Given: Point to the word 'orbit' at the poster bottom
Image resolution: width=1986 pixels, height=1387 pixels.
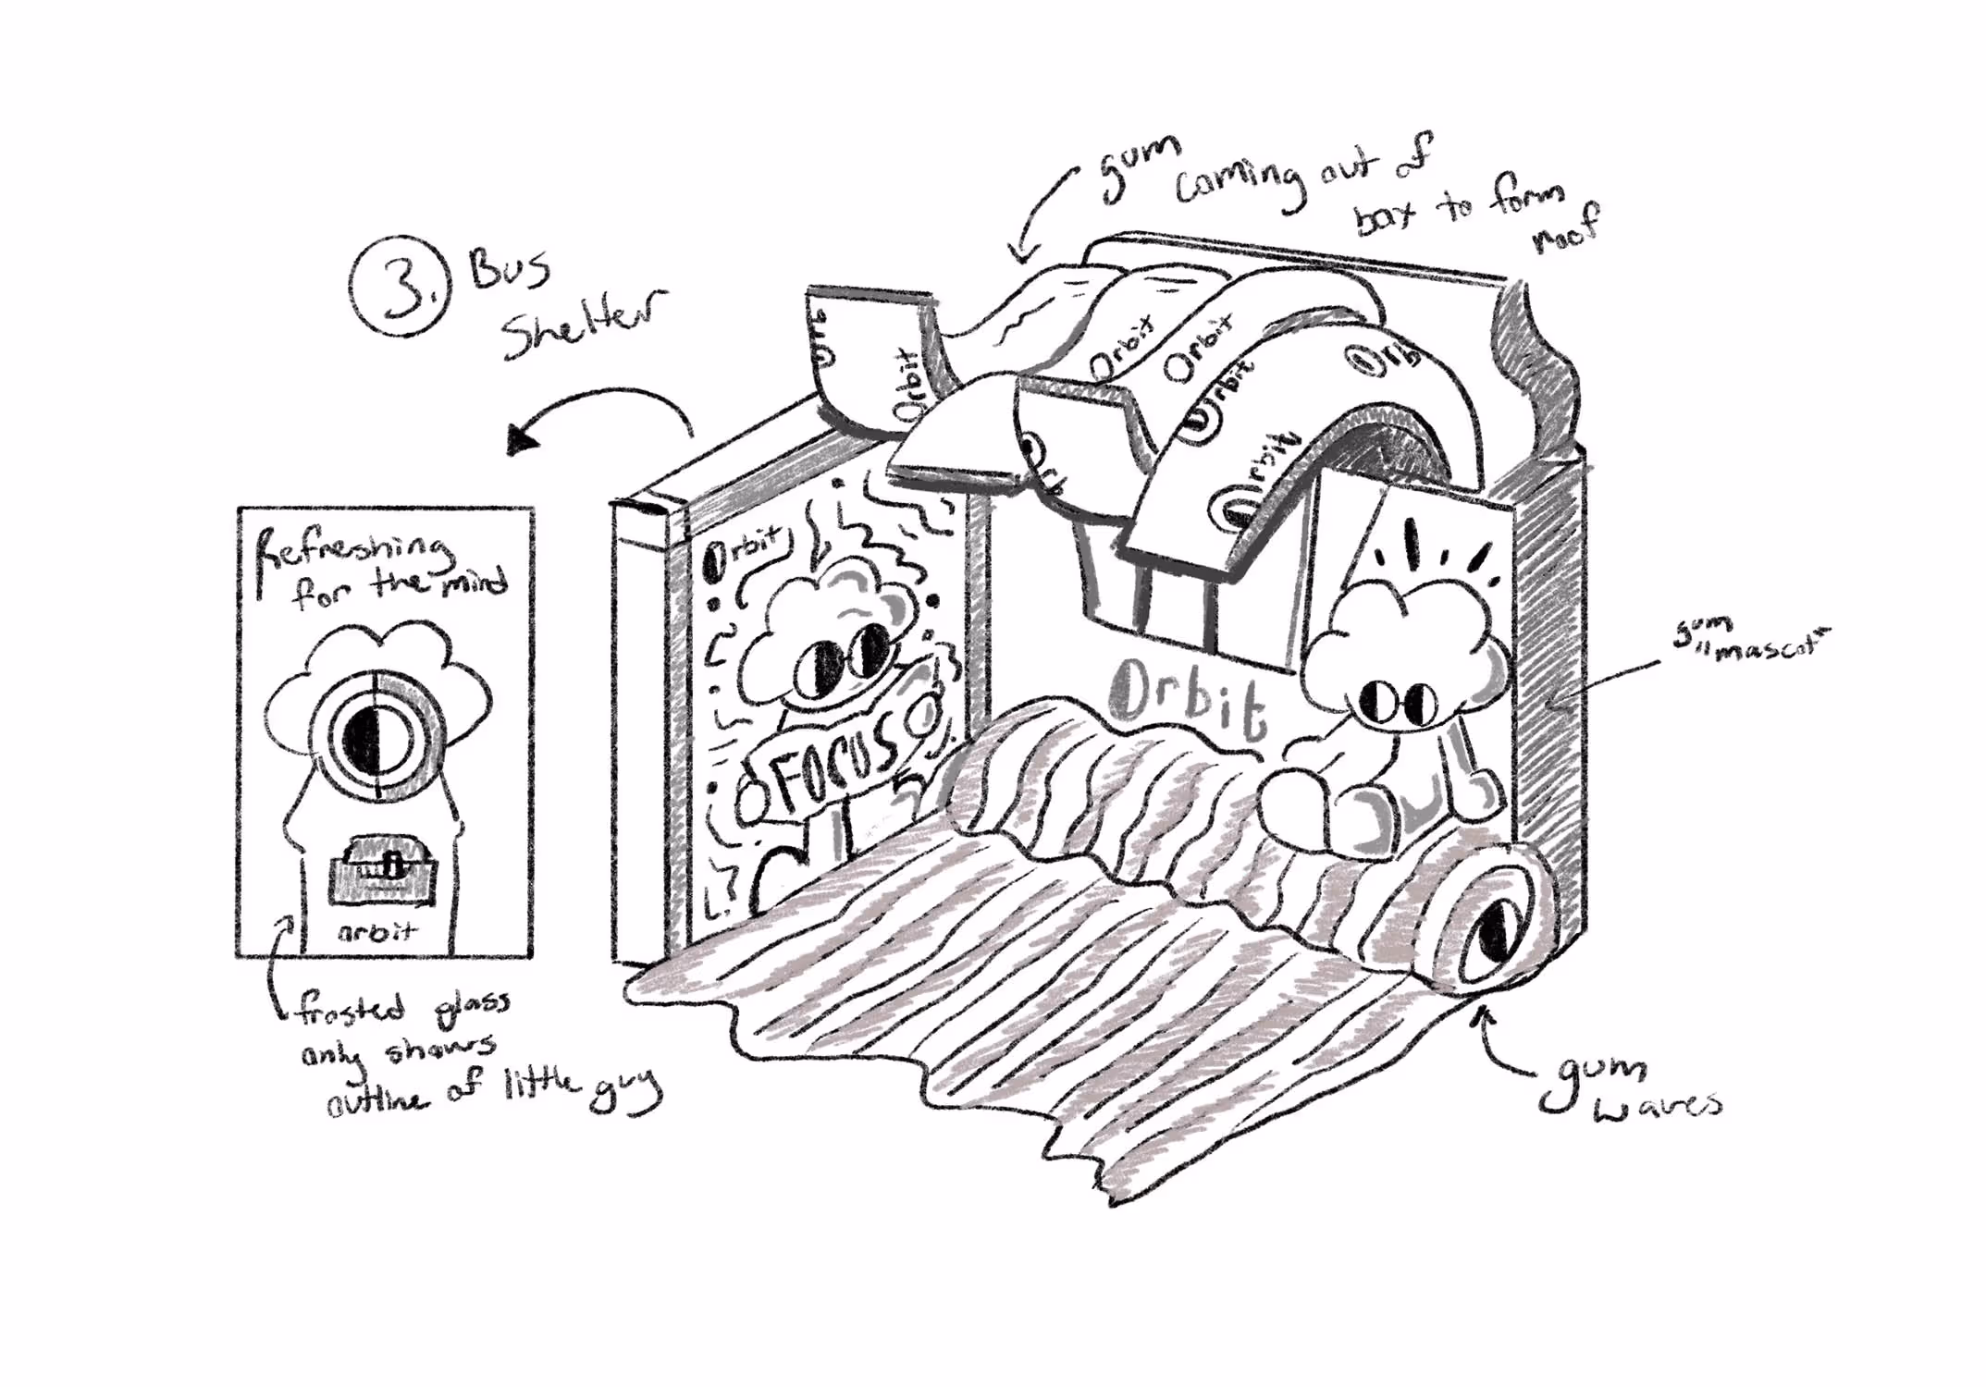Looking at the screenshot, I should pos(376,932).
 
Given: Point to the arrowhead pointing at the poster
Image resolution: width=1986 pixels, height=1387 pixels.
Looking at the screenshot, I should pos(524,438).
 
